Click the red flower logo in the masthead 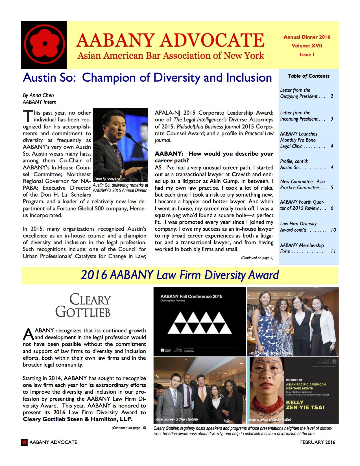click(44, 44)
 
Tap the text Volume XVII click(307, 46)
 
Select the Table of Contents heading click(309, 76)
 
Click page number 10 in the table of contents click(333, 230)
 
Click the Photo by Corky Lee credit click(107, 179)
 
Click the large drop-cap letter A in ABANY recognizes click(28, 334)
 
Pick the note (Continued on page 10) click(129, 428)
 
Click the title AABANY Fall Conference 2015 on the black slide click(191, 297)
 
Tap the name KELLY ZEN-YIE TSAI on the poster click(305, 405)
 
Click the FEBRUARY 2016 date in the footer click(318, 442)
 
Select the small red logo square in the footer click(25, 442)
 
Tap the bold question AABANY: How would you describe click(214, 154)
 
